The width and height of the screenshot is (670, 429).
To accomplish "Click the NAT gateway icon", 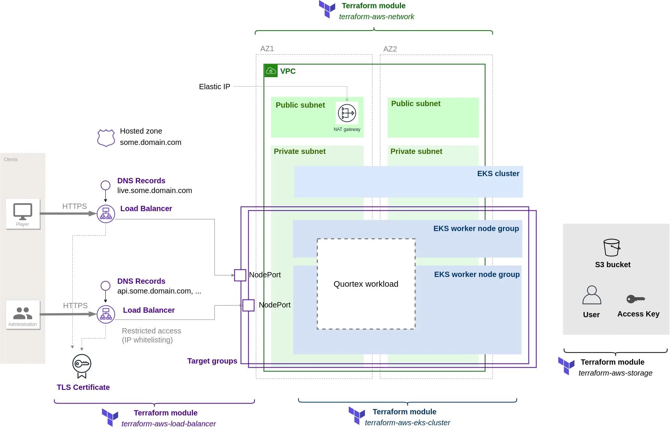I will click(x=347, y=113).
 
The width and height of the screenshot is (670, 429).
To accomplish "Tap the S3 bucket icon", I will click(x=612, y=248).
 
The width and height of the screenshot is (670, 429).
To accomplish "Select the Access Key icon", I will click(x=636, y=299).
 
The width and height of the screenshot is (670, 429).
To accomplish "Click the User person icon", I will click(x=592, y=295).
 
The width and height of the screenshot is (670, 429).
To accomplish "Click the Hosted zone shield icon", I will click(x=106, y=138).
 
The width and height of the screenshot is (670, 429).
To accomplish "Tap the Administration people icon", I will click(x=23, y=313).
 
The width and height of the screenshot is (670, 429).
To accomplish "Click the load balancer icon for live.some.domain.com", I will click(x=106, y=214).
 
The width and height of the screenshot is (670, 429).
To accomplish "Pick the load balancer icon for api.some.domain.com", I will click(x=106, y=314).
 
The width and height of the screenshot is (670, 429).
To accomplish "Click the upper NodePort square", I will click(x=240, y=275).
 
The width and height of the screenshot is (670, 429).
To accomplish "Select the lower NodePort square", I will click(x=248, y=305).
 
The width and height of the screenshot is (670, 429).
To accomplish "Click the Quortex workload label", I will click(x=366, y=284).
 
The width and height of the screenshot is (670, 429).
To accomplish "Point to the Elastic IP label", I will click(x=214, y=87).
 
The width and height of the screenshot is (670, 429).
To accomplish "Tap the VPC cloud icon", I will click(x=271, y=71).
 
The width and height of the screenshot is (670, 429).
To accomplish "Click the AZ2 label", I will click(x=390, y=49).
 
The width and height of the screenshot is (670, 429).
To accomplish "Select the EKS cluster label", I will click(x=498, y=173).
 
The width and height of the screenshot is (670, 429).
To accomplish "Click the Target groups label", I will click(x=212, y=361).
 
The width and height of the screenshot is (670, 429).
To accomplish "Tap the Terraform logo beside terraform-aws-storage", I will click(x=566, y=365).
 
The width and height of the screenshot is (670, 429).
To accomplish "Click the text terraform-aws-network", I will click(x=377, y=17).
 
